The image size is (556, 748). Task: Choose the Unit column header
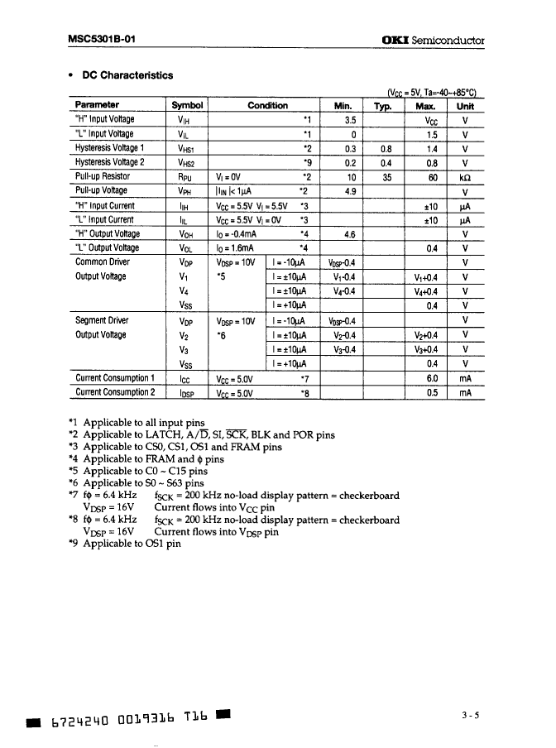click(466, 105)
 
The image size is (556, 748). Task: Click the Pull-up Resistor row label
click(103, 176)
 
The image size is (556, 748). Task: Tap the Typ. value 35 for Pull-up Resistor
click(386, 176)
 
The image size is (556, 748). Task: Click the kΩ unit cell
click(466, 176)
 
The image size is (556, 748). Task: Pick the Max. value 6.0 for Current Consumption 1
click(431, 378)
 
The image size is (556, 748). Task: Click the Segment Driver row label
click(101, 320)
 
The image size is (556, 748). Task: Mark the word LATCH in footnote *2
click(164, 434)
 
